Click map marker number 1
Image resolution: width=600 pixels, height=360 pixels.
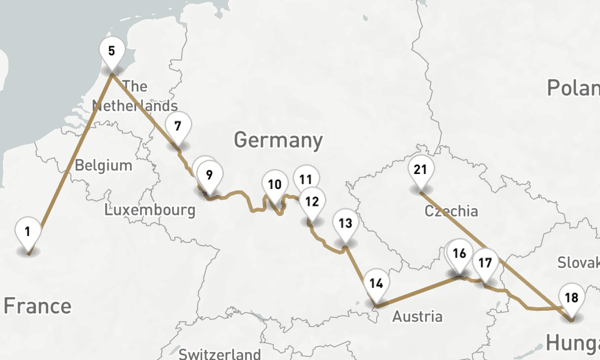pos(28,231)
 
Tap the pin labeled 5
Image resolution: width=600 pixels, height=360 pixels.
pos(112,50)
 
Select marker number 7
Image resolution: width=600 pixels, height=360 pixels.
pos(178,127)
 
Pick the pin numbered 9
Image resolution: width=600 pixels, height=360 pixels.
pos(209,175)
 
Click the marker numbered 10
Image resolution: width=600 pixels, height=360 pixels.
pos(275,184)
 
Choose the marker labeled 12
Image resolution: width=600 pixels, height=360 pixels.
pos(312,201)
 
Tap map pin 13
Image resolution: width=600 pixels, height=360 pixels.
pos(345,224)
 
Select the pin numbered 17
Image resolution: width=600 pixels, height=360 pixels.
pos(485,263)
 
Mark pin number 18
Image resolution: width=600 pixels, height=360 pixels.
pos(572,298)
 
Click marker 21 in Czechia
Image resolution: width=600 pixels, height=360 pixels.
pos(420,170)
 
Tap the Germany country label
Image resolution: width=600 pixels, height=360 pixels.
pos(278,140)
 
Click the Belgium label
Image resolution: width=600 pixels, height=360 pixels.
pos(103,165)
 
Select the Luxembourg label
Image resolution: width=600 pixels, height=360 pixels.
pos(149,210)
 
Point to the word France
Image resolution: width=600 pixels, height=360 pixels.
pos(37,306)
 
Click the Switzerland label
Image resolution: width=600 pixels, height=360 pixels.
pos(220,353)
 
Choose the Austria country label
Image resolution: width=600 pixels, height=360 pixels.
pos(418,316)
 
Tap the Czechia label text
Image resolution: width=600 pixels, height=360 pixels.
pos(451,211)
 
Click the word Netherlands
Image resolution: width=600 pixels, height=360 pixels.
pos(135,106)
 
